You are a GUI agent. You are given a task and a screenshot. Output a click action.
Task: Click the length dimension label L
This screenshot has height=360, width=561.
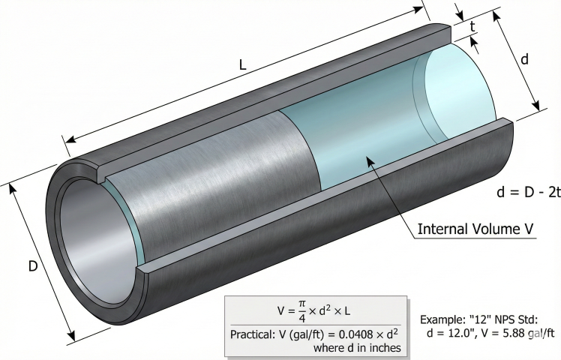click(x=242, y=65)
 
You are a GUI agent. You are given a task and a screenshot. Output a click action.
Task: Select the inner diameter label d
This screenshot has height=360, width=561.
click(x=524, y=59)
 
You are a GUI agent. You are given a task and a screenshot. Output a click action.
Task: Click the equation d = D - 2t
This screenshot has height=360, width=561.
click(x=528, y=192)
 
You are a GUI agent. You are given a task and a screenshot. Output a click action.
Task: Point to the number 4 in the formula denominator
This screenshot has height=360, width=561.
click(x=298, y=316)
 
